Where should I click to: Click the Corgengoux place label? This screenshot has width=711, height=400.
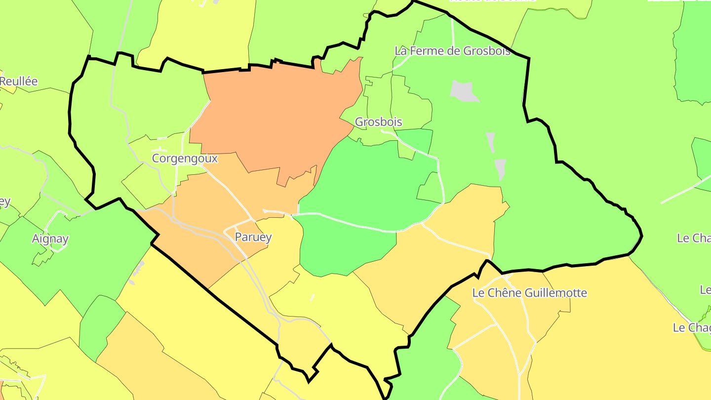(x=185, y=159)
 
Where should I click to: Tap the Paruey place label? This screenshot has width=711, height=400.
(x=253, y=237)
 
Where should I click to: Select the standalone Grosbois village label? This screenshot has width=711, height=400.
(x=379, y=122)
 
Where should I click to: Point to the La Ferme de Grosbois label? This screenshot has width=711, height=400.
(x=452, y=51)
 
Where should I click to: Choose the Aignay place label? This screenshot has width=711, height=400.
(x=50, y=239)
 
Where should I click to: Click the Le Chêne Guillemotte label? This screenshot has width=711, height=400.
(x=529, y=293)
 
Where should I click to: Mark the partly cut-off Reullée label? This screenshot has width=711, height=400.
(x=19, y=81)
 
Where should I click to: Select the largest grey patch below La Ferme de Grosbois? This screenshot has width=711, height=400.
(x=464, y=91)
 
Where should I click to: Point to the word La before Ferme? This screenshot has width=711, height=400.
(x=400, y=51)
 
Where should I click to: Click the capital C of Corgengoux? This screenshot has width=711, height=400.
(x=156, y=159)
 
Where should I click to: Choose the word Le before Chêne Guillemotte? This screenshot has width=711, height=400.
(x=478, y=293)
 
